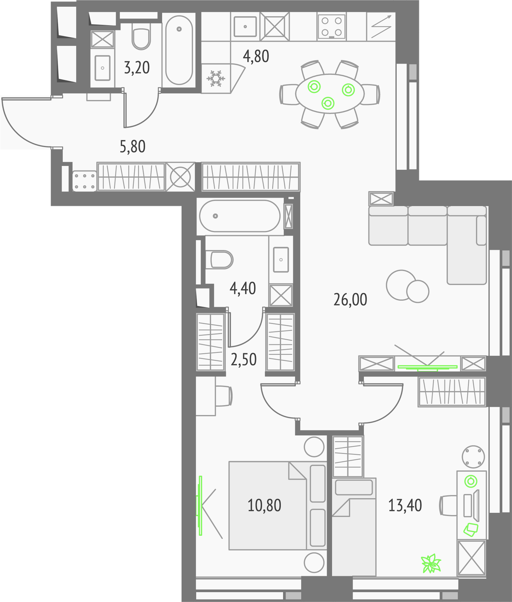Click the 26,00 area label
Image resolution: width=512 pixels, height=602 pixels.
point(350,300)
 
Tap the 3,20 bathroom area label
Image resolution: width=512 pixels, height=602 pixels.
point(137,68)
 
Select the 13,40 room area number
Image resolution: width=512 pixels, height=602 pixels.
point(405,505)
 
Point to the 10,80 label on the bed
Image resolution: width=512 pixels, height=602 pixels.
point(264,505)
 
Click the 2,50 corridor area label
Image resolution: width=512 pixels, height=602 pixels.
point(244,360)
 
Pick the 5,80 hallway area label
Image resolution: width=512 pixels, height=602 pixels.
point(132,146)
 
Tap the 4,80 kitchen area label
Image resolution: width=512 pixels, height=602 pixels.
point(256,56)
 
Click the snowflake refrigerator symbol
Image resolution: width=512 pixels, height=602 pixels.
point(216,78)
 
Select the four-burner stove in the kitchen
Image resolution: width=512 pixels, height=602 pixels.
point(332,26)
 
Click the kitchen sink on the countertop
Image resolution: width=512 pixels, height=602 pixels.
point(245,26)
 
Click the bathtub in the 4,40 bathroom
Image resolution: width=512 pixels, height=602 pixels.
point(239,216)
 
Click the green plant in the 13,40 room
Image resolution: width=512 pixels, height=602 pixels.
point(431,564)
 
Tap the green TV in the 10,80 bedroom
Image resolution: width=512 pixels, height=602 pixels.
point(200,505)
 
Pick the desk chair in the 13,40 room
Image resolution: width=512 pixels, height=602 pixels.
point(448,505)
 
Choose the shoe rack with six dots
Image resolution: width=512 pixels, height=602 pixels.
point(85,181)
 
